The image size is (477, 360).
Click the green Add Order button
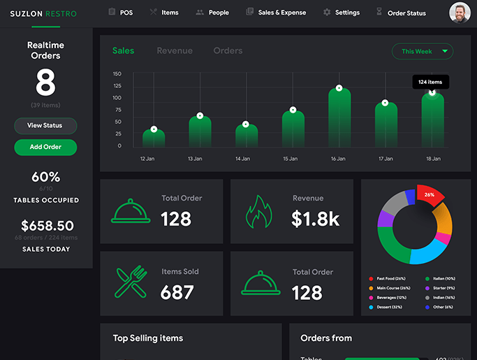45,147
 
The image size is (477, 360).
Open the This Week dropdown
423,51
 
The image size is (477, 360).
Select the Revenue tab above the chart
175,51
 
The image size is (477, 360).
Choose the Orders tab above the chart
228,51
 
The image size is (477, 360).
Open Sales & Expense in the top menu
276,13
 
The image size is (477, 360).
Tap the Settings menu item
342,13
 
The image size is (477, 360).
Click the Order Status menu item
400,13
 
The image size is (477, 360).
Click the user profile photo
460,13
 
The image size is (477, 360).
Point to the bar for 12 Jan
154,138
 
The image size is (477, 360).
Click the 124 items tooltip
430,82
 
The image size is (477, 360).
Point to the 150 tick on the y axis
117,73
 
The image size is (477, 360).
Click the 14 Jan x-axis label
242,159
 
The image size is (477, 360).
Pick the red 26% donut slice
430,196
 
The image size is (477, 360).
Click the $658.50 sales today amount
47,226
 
